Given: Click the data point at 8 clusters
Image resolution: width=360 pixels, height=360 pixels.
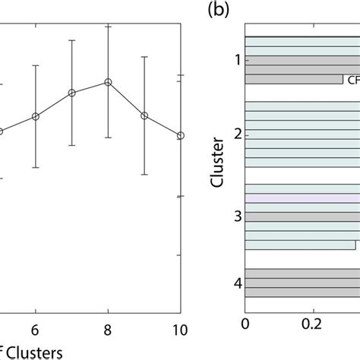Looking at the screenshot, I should pos(108,81).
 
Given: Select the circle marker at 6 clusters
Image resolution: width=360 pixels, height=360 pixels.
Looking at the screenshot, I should pos(35,116).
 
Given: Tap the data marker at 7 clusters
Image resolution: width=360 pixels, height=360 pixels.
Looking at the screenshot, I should pos(71,93).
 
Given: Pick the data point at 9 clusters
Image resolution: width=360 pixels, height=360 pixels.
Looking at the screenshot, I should pos(144,115).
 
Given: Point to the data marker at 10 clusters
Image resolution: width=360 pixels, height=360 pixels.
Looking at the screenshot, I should pos(180,135).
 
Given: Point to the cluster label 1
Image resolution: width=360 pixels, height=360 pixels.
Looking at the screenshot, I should pos(238,58).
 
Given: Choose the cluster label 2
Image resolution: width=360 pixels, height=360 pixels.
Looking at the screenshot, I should pos(238,134).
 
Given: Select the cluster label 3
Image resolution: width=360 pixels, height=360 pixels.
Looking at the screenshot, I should pos(238,217).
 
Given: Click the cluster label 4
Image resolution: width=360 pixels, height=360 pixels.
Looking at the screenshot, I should pos(238,283).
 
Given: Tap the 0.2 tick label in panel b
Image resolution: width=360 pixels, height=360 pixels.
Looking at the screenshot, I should pos(311,324).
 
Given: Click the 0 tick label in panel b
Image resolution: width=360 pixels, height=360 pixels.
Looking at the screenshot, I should pos(245,324).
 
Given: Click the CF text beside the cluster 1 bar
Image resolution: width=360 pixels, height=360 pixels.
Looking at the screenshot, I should pos(352,79).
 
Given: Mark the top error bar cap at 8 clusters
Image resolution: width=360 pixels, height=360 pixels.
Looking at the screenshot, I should pos(108,25).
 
